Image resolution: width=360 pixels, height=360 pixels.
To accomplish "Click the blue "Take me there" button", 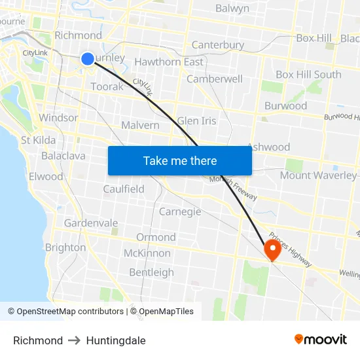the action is point(180,160).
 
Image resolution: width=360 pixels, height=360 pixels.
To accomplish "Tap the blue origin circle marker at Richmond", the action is point(88,59).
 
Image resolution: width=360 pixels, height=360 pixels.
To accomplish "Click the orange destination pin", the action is point(272,249).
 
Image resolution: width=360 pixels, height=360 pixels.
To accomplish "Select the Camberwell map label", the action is point(215,79).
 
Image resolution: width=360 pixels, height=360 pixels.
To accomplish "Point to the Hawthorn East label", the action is point(169,62).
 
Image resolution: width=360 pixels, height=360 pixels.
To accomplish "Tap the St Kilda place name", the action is point(39,140).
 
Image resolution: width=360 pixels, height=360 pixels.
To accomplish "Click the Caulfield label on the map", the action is point(124,189).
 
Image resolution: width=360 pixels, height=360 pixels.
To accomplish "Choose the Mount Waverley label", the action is point(318,175).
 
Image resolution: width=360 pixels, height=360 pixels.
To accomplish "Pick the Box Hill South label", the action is point(308,74).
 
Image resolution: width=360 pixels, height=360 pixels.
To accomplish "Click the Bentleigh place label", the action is point(151,272).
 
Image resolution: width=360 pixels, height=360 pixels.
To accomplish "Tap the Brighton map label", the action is point(65,247).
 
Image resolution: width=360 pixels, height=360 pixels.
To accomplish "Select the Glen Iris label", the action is point(196,121).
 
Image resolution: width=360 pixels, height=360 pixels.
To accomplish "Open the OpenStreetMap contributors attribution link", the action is point(65,312).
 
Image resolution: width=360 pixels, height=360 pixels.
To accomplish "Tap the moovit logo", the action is point(321,340).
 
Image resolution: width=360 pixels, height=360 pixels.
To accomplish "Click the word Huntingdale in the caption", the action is point(116,340).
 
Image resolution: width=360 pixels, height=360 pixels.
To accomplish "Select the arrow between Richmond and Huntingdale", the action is point(75,340).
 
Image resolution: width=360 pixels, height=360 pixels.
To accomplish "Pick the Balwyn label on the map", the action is point(232,9).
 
